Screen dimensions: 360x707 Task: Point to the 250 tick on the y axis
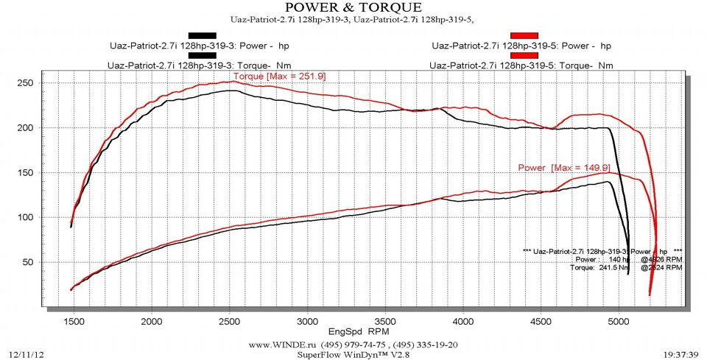(x=28, y=83)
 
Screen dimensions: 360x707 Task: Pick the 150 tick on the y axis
(x=28, y=173)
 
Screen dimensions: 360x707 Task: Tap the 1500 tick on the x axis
(x=74, y=322)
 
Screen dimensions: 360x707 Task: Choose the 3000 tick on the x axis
(x=307, y=322)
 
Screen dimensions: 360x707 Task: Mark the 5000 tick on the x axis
(x=619, y=322)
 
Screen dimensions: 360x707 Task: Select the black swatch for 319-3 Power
(x=203, y=35)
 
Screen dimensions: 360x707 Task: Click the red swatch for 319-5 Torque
(x=525, y=55)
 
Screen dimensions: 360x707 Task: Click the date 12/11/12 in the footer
(x=26, y=355)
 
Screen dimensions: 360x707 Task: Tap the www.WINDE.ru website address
(x=281, y=344)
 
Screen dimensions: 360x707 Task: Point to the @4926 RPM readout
(x=661, y=259)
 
